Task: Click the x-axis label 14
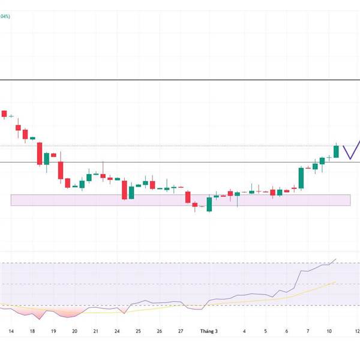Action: [11, 331]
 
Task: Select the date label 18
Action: [32, 331]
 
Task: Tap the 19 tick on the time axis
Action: [53, 331]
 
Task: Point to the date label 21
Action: [95, 331]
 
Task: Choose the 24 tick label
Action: [117, 331]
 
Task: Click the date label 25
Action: [138, 331]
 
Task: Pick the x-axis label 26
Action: [159, 331]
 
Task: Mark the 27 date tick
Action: [181, 331]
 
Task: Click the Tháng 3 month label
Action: [208, 331]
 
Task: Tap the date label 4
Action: [244, 331]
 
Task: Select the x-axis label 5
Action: [265, 331]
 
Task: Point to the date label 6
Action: [286, 331]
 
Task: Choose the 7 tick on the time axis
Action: [308, 331]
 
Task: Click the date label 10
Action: [329, 331]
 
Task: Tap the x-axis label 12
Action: [356, 331]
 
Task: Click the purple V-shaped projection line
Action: [349, 155]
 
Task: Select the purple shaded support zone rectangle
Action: [180, 200]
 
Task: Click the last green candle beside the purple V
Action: [336, 152]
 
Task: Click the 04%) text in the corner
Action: [5, 17]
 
